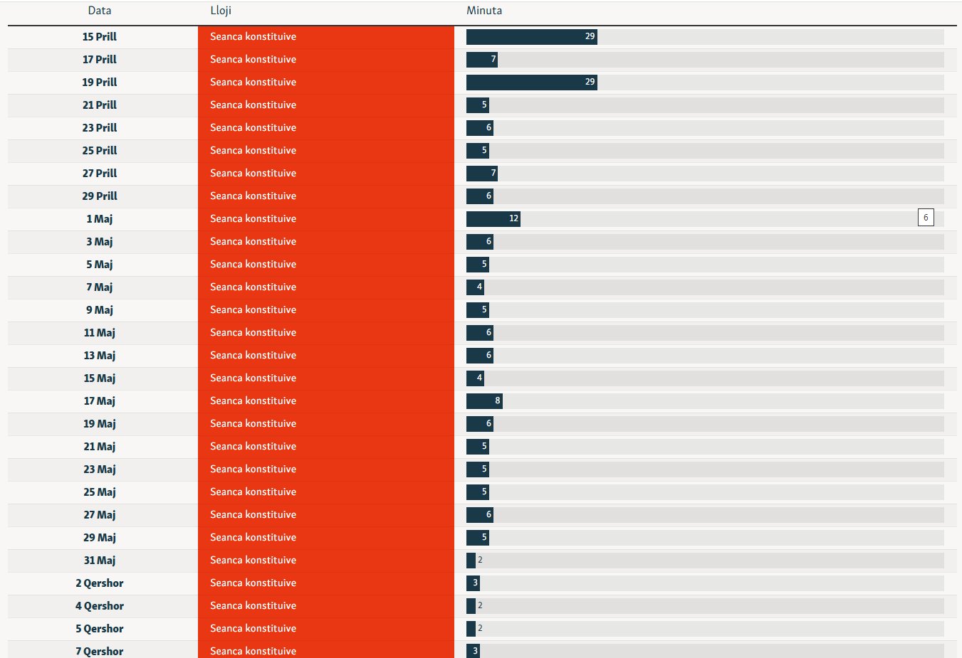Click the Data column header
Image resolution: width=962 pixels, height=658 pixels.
click(100, 11)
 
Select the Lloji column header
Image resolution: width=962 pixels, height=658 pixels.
click(221, 11)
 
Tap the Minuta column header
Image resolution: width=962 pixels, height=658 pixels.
click(484, 11)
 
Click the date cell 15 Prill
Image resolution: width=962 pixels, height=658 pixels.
click(100, 37)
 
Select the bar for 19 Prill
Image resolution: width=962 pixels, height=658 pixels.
click(531, 83)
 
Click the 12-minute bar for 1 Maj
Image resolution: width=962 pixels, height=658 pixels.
click(493, 219)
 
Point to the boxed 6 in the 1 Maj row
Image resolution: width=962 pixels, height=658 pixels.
click(926, 218)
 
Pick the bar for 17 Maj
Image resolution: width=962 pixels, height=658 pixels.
click(484, 401)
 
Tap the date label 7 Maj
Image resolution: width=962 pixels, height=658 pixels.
click(100, 287)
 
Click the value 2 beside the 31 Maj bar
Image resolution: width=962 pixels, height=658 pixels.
click(480, 561)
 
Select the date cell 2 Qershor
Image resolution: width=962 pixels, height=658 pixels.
click(100, 583)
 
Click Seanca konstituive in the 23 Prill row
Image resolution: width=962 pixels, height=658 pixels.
click(253, 128)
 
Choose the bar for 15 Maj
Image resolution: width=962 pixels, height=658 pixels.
click(475, 378)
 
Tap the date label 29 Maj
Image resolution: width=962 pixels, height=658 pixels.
click(100, 538)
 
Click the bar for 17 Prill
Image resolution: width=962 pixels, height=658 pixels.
click(481, 60)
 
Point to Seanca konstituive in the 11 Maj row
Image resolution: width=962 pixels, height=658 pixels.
click(253, 333)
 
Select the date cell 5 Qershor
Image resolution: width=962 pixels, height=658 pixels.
click(100, 629)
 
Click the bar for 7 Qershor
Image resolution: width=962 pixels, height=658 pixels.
click(473, 651)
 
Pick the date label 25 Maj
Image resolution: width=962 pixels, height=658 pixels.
click(100, 492)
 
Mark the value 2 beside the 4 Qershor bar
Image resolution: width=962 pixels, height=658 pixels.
click(480, 606)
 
